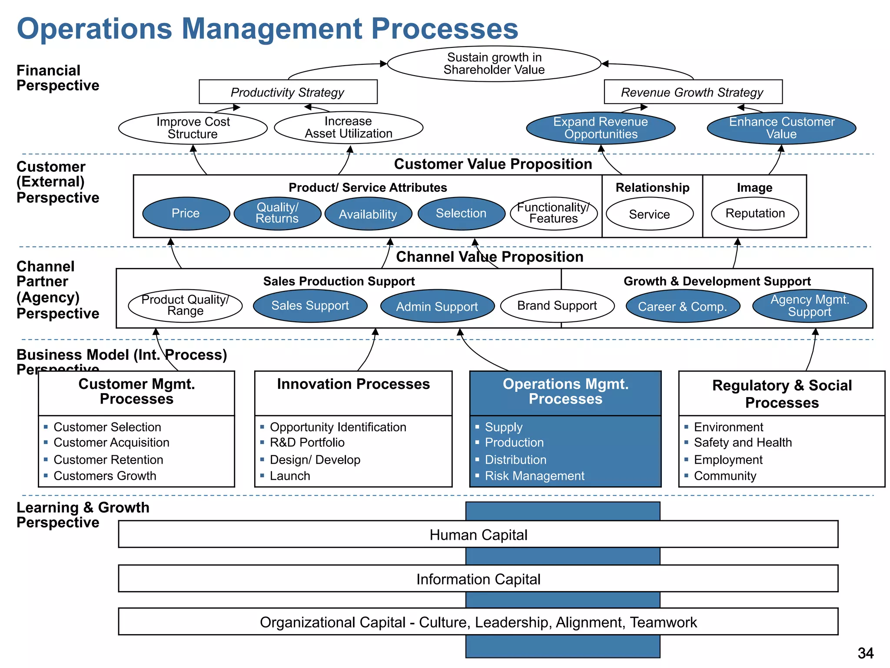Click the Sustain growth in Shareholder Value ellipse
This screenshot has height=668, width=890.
(494, 64)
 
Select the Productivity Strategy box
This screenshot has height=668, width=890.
(288, 92)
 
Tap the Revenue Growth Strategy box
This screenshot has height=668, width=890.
(693, 92)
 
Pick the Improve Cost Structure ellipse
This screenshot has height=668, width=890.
(193, 128)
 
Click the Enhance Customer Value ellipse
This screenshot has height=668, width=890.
(781, 128)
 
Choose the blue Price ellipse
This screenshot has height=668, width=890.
(186, 213)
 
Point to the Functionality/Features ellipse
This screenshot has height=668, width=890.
(553, 213)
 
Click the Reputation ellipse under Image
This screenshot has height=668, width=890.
(755, 213)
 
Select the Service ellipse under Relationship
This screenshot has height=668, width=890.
(649, 214)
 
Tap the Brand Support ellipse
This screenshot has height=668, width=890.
(557, 306)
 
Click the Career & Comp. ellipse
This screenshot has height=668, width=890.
(682, 307)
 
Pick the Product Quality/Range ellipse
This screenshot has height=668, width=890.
(185, 305)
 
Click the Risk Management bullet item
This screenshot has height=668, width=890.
(534, 476)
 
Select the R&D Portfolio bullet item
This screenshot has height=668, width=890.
(307, 442)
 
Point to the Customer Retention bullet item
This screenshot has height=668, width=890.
(108, 460)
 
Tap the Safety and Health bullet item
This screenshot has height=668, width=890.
(742, 442)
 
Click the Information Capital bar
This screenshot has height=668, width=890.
(478, 579)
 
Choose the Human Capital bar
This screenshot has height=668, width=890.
(478, 534)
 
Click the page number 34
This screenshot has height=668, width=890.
(865, 653)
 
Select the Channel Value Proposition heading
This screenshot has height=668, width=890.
(489, 257)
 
